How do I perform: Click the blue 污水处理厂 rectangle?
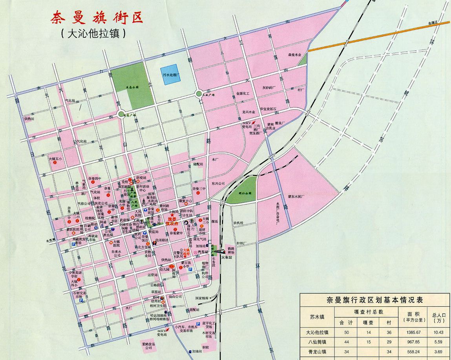pos(172,74)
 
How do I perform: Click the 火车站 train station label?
pos(228,258)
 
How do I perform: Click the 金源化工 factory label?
pos(244,94)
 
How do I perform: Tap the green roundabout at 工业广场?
pos(199,94)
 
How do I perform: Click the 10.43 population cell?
pos(438,332)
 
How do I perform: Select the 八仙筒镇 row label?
pos(317,342)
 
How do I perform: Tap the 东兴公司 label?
pos(218,184)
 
